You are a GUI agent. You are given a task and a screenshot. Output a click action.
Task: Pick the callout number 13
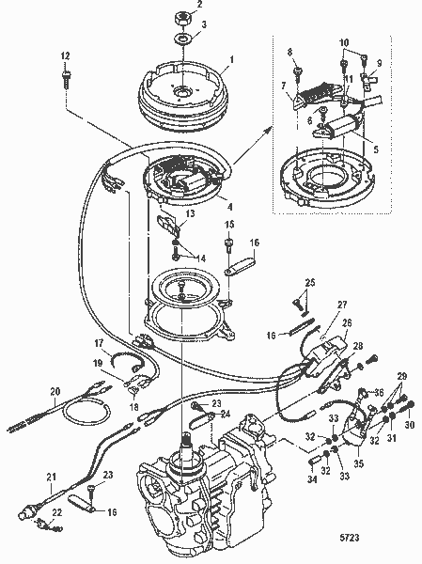pos(190,214)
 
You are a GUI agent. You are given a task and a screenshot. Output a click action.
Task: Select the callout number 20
pos(55,391)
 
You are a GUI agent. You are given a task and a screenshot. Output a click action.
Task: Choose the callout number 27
pos(316,305)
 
